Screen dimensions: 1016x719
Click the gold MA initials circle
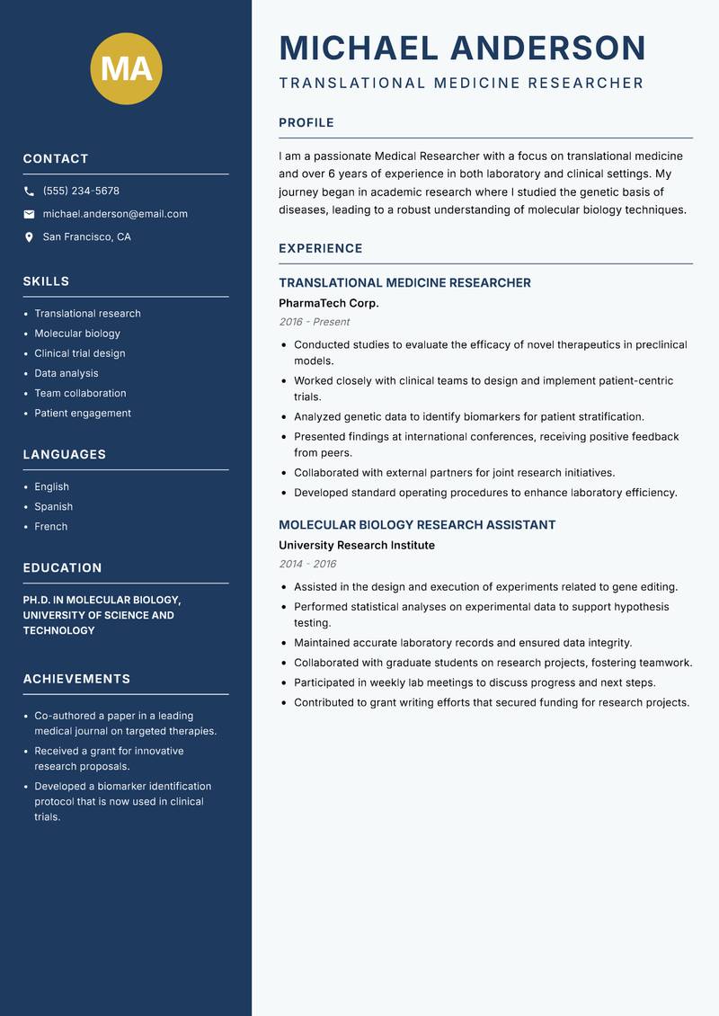coord(127,68)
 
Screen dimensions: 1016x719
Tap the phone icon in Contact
coord(29,192)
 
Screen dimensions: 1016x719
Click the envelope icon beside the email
coord(29,214)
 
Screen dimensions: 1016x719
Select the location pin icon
coord(29,237)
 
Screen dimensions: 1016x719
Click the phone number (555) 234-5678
coord(81,192)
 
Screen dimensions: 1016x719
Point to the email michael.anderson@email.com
coord(115,214)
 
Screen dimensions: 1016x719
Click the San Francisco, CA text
coord(86,237)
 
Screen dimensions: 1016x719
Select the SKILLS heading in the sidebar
coord(46,281)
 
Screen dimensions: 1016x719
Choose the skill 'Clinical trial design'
coord(80,353)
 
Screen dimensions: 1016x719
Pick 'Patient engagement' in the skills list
coord(83,414)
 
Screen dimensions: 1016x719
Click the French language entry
coord(51,527)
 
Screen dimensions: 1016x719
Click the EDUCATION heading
coord(62,568)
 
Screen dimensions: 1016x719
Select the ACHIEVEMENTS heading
coord(76,679)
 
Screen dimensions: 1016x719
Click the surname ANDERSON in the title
coord(547,48)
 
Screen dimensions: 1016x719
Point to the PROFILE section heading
coord(306,123)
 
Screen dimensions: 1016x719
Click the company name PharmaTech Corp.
coord(329,303)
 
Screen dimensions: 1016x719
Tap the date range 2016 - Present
coord(314,322)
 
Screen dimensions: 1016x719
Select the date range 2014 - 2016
coord(307,564)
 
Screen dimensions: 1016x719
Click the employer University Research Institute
coord(356,546)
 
